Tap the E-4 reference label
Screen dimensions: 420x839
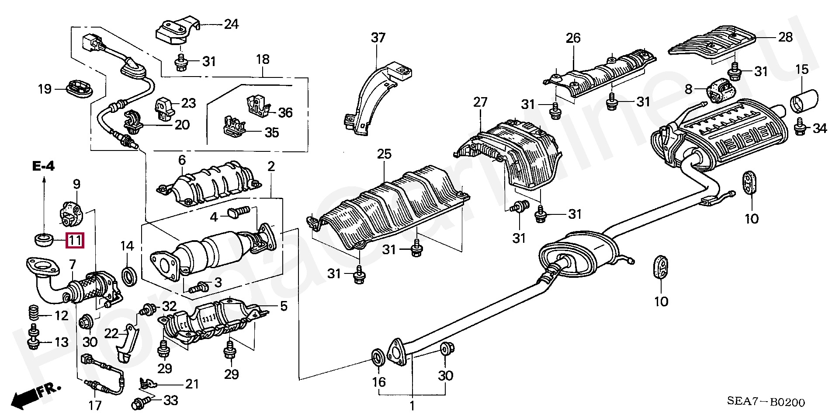[x=43, y=166]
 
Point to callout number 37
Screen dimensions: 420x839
[x=378, y=38]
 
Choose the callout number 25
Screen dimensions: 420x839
[x=385, y=154]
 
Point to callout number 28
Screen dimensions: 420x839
[x=785, y=38]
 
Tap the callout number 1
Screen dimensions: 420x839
[x=411, y=406]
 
